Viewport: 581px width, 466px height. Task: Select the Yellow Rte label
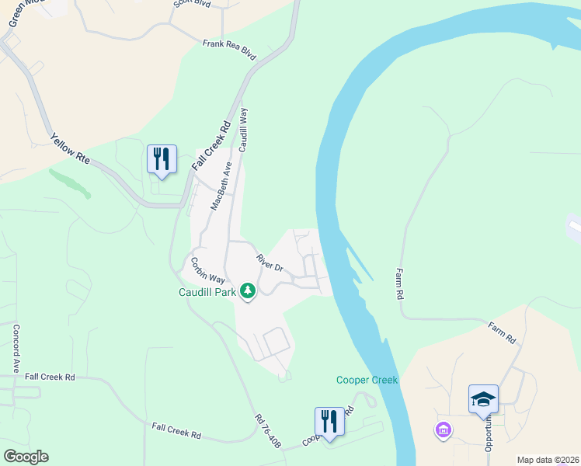(71, 150)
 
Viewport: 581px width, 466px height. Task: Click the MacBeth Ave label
(222, 186)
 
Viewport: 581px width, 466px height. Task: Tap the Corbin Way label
(208, 270)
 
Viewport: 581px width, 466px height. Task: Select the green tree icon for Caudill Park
(248, 292)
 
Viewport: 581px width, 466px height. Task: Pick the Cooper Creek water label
(367, 380)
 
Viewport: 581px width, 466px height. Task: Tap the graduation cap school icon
(483, 399)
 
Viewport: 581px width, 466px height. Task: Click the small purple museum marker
(444, 429)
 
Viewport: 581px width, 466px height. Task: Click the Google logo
(26, 457)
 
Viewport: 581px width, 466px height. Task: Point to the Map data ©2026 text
(547, 460)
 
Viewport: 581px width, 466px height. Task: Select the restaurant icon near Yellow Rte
(162, 159)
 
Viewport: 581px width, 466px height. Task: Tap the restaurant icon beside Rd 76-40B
(329, 422)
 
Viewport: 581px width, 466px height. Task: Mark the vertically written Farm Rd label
(399, 284)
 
